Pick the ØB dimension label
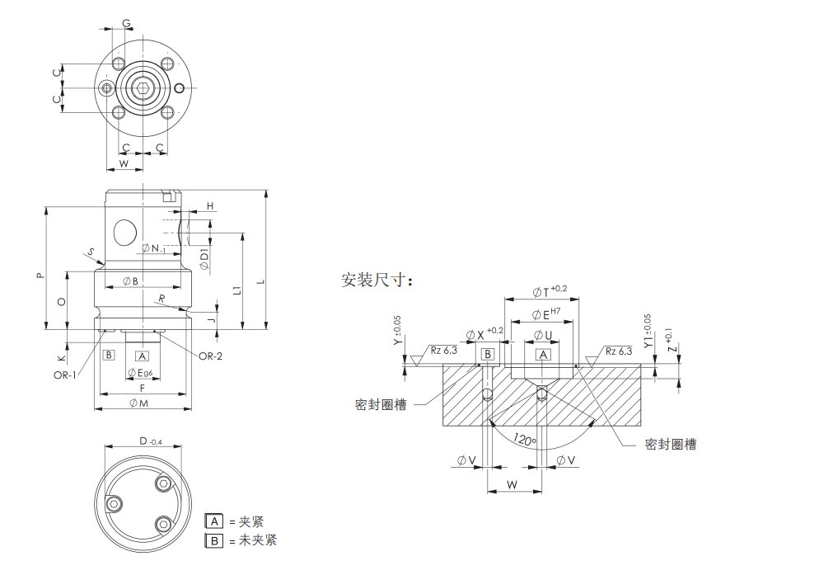(x=131, y=281)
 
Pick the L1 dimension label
(x=236, y=290)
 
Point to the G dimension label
(x=127, y=22)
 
